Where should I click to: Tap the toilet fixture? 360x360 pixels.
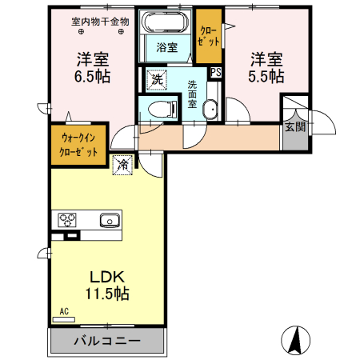161,109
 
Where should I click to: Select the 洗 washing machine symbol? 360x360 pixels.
157,80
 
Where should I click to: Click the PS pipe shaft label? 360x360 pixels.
215,72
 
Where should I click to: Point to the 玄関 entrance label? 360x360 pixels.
294,127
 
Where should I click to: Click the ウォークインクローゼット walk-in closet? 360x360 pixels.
78,144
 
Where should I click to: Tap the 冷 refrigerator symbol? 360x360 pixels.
123,164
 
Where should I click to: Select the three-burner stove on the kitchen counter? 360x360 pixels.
65,220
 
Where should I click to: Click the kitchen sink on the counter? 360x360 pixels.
109,220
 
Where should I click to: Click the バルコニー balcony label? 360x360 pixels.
108,341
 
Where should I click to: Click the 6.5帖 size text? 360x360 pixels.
94,77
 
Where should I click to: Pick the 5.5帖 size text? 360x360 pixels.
266,77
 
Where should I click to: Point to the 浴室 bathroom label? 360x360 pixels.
166,48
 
